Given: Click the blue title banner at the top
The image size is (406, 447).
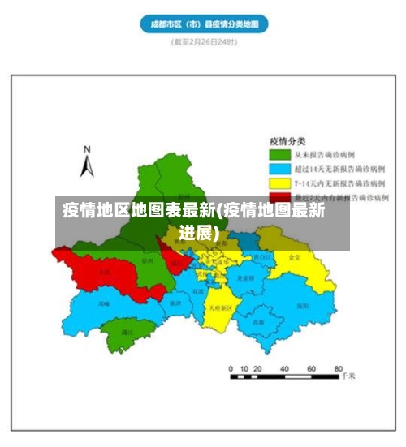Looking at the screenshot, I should point(204,24).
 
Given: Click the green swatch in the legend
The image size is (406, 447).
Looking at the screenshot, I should point(281,153).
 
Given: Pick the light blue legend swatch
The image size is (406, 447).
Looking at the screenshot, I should point(281,169).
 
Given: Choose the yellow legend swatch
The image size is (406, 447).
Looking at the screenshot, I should point(281,183).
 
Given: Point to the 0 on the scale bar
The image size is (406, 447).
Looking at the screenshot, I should point(231,368).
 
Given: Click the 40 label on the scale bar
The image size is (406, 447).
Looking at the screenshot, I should point(285,368).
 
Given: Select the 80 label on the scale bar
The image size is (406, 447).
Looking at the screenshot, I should point(334,368).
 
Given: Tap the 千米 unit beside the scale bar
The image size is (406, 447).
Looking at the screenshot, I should point(348,376).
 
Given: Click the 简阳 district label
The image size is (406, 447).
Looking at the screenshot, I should point(301,306).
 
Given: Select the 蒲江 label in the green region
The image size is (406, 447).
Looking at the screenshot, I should point(127,332).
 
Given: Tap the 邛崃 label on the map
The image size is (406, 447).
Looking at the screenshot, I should point(104,303).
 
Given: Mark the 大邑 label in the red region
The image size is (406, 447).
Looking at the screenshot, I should point(104,273).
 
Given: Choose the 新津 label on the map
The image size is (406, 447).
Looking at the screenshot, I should point(175,303).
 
